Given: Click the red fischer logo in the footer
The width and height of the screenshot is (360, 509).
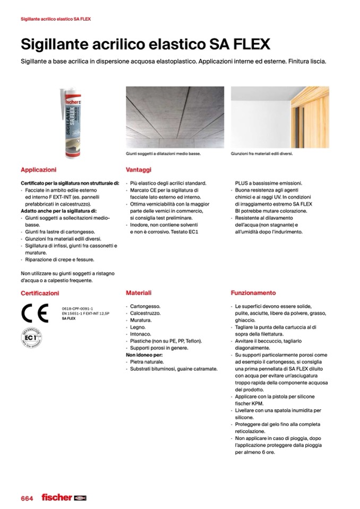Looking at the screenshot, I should (57, 497).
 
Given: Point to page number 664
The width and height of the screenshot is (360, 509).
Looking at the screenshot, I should (27, 498).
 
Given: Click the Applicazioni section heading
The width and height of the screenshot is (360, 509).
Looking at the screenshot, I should (38, 170).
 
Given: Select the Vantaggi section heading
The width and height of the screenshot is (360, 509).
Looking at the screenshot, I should (139, 170).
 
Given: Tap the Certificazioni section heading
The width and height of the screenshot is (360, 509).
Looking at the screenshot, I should (40, 293).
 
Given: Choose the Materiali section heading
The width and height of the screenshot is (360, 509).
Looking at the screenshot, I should (139, 292).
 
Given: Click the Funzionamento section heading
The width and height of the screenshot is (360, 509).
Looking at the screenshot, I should (253, 292).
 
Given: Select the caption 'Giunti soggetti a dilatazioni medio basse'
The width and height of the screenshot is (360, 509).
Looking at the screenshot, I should (164, 154).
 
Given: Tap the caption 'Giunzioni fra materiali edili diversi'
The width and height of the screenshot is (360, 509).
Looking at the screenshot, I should (262, 154).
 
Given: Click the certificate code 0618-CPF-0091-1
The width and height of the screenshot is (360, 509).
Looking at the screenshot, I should (78, 308).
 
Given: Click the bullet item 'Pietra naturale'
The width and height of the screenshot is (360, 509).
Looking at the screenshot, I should (147, 361).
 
